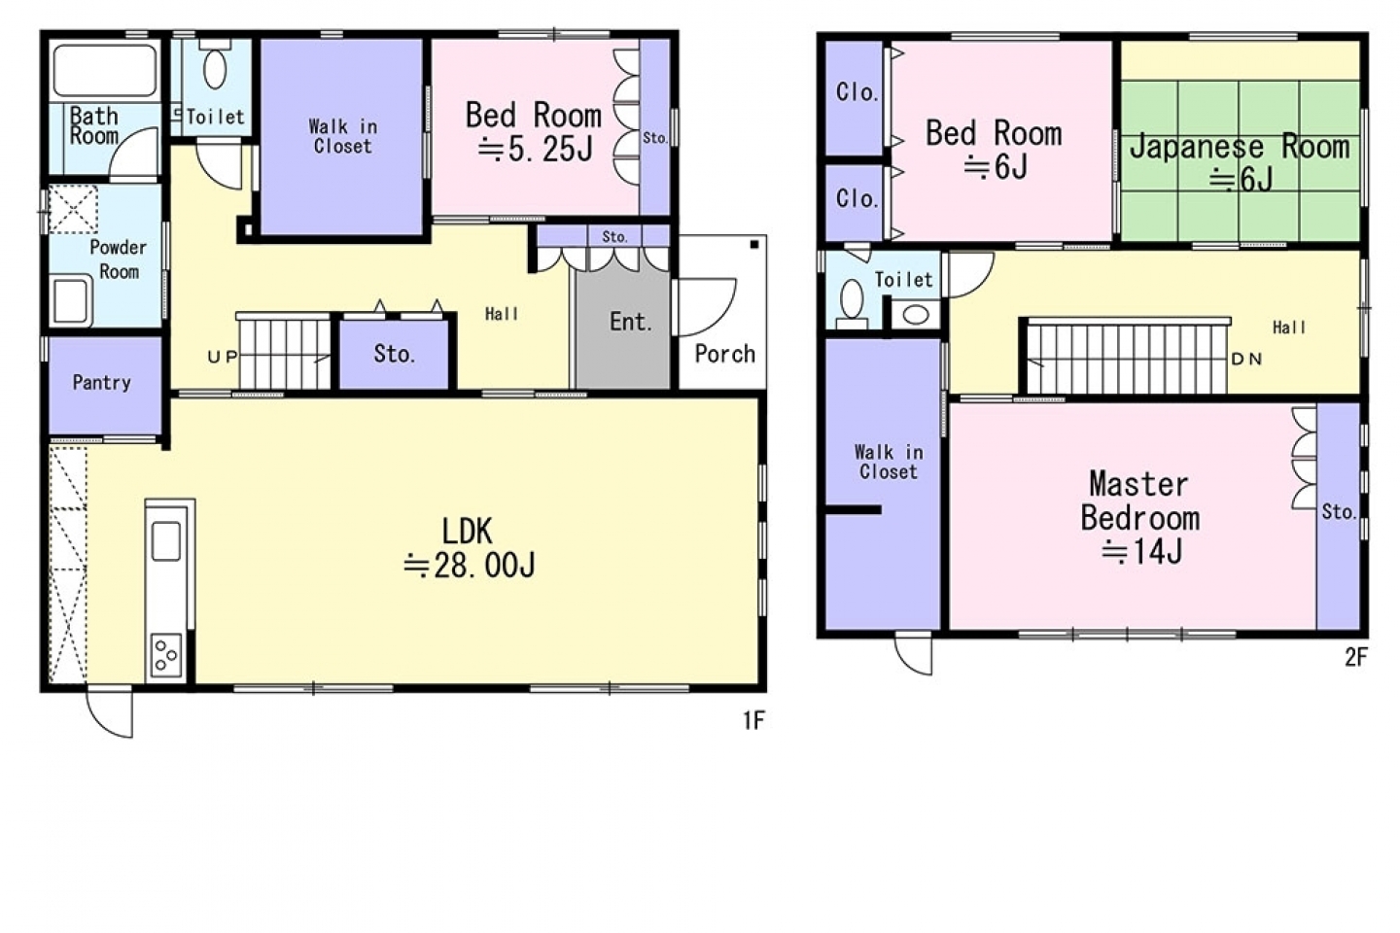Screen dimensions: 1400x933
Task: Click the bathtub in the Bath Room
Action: click(x=104, y=70)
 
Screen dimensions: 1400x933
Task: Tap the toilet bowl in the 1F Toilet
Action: click(x=215, y=68)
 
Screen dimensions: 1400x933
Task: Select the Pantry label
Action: click(x=102, y=383)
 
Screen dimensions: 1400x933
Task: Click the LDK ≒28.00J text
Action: click(x=470, y=549)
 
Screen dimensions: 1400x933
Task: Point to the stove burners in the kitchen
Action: click(x=166, y=655)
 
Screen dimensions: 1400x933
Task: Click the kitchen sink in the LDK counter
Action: click(x=166, y=541)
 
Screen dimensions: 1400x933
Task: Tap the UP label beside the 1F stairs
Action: click(x=223, y=357)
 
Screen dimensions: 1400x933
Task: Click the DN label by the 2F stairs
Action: click(x=1246, y=359)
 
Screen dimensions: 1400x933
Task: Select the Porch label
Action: click(x=725, y=354)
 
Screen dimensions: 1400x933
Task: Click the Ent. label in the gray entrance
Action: click(x=631, y=322)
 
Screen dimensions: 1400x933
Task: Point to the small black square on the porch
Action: click(x=754, y=244)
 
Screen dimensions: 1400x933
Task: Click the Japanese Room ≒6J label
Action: click(x=1240, y=162)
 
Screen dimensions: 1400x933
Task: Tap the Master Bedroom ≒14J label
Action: click(x=1140, y=517)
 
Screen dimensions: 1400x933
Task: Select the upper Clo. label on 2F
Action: click(x=857, y=92)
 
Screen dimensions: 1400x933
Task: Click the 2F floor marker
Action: click(x=1355, y=657)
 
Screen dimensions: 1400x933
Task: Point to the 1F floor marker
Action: click(x=753, y=721)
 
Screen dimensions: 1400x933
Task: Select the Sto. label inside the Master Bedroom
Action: click(x=1339, y=512)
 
